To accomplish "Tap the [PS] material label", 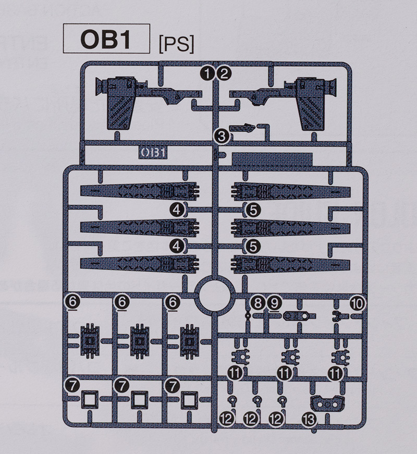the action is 176,45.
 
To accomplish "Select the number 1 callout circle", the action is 208,73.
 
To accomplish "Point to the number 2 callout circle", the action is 224,73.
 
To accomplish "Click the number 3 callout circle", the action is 222,136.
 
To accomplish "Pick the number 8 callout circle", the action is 257,303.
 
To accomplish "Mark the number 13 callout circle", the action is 309,419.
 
